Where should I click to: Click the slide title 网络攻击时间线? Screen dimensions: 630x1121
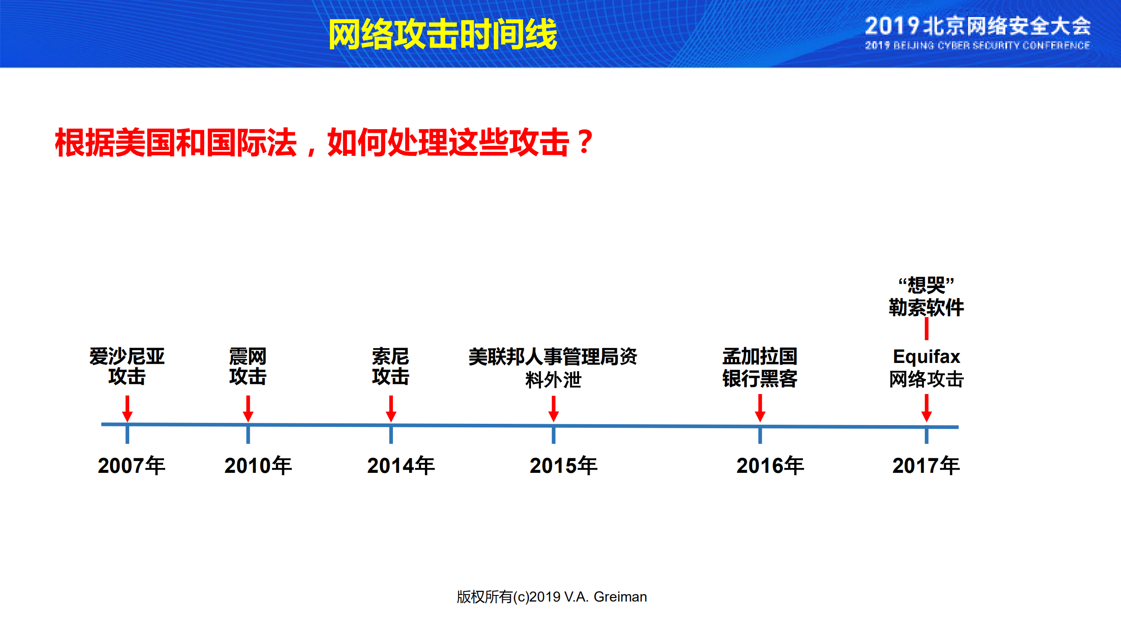[442, 34]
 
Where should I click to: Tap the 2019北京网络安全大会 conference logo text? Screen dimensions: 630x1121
[977, 26]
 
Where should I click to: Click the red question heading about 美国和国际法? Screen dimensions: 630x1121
[324, 143]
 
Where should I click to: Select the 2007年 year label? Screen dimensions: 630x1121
[131, 465]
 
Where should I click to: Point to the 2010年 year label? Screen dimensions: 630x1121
[258, 465]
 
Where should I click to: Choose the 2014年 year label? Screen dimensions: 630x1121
[401, 465]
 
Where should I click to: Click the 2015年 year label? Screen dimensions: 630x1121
[563, 465]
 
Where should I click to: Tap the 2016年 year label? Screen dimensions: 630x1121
[770, 465]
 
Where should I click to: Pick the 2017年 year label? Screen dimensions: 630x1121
[926, 465]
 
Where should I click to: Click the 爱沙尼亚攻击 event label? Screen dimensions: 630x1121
[127, 366]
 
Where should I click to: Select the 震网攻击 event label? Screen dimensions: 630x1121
[248, 366]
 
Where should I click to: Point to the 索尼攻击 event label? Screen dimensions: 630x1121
[391, 366]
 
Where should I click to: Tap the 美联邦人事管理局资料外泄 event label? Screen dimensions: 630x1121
[553, 368]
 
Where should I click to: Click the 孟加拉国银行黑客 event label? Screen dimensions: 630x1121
[760, 367]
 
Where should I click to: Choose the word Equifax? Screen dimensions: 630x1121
[927, 357]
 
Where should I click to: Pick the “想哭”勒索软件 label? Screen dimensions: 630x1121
[926, 296]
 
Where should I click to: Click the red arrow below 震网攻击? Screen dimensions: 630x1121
[248, 408]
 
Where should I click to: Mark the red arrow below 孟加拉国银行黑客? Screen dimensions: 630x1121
[760, 408]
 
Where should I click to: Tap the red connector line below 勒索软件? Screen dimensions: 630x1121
[927, 329]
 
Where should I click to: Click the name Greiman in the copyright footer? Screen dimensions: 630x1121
[620, 597]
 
